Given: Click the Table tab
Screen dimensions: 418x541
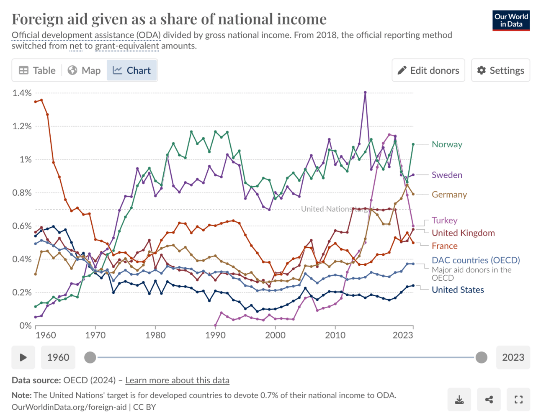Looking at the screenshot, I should [37, 70].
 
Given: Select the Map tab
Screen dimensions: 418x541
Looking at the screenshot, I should [85, 70].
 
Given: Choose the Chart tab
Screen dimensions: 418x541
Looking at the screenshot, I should [132, 70].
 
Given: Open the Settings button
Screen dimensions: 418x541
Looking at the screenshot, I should [500, 70].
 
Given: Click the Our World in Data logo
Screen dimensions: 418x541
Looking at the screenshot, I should [511, 21].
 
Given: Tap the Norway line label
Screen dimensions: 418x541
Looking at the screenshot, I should [447, 144].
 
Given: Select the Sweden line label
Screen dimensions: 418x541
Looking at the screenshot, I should [447, 175].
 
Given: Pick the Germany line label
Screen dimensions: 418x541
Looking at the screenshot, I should [449, 195].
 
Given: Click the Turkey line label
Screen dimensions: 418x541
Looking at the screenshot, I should [444, 221].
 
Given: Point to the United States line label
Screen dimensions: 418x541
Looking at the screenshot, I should [458, 290].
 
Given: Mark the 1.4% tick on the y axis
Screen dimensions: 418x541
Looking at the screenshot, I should [22, 93].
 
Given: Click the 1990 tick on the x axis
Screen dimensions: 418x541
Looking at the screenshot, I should [215, 335].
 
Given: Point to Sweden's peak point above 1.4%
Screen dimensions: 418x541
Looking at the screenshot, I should [365, 92].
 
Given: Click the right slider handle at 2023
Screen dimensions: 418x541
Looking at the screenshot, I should [482, 357].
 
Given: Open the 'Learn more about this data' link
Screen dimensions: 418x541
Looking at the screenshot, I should [177, 380].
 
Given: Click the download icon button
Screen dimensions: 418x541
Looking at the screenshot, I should [459, 400].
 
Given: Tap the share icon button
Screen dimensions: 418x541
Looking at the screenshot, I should [489, 400].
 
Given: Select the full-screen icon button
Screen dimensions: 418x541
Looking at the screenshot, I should [518, 400].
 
